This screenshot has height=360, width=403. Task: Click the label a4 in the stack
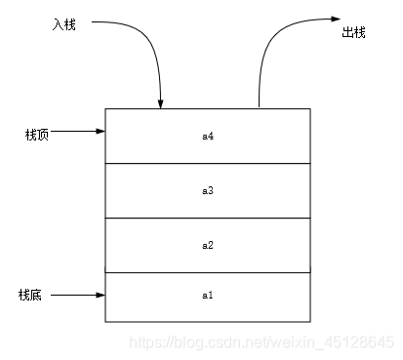(207, 137)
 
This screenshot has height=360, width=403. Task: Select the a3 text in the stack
(207, 190)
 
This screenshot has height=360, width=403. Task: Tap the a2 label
(207, 244)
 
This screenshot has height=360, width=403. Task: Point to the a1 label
(207, 294)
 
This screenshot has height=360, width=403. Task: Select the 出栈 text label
(353, 32)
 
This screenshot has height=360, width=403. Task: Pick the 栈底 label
(30, 294)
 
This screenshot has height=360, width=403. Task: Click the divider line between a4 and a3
(207, 164)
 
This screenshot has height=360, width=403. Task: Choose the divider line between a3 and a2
(207, 218)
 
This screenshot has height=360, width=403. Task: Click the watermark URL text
(263, 342)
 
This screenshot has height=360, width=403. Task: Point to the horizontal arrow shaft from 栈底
(73, 294)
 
